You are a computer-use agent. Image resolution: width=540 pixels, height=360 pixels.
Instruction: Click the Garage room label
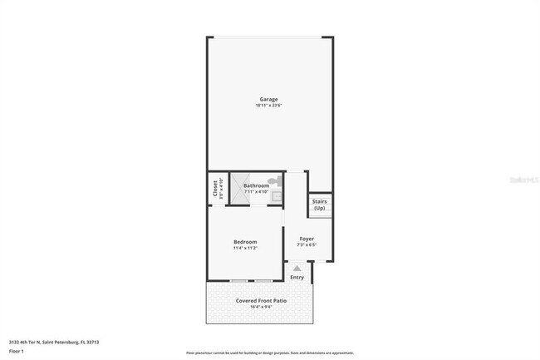point(268,99)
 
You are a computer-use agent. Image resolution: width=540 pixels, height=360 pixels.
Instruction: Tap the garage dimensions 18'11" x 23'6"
point(268,106)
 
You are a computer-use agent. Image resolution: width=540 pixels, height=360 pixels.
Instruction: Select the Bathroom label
point(256,185)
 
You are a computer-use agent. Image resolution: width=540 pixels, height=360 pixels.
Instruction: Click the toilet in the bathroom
point(277,180)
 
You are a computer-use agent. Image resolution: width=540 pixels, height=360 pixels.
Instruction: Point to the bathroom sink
point(277,196)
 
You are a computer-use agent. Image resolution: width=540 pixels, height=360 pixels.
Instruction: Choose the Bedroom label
point(244,242)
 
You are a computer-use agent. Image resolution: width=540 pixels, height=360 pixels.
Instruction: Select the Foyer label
point(307,239)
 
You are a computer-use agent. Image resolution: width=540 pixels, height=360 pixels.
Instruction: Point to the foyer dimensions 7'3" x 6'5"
point(307,245)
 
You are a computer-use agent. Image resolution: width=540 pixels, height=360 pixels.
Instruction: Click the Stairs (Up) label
point(319,204)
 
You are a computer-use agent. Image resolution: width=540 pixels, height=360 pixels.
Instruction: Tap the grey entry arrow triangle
point(297,268)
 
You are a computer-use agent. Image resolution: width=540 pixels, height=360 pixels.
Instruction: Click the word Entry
point(297,277)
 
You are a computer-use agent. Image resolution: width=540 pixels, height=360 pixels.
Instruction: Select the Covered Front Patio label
point(261,300)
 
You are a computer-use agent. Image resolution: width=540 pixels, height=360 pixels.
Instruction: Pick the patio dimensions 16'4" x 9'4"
point(261,307)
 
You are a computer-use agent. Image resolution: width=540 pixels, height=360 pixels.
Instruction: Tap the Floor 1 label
point(17,351)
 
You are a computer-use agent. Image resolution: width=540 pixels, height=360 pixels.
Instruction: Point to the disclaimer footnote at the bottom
point(269,354)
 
